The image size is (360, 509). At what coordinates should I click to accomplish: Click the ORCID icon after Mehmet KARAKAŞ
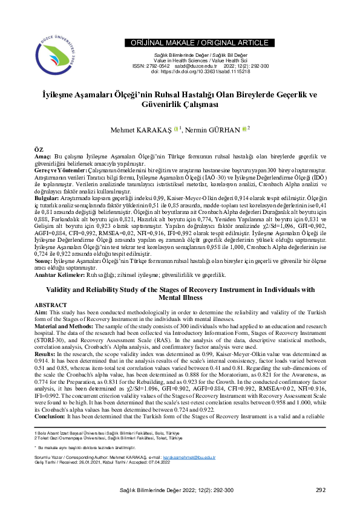(176, 129)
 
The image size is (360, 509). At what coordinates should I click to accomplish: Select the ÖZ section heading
(39, 148)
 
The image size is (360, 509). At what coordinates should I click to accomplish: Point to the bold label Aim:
(42, 312)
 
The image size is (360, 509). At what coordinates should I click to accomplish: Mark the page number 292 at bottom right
(321, 490)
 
